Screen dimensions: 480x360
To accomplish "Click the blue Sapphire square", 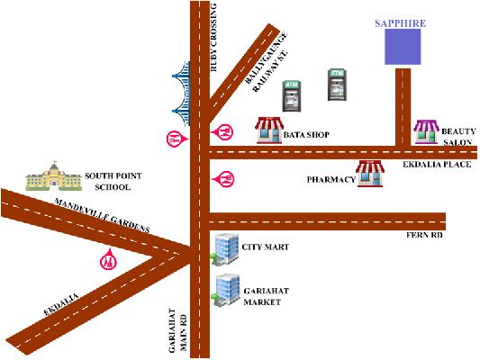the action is [403, 47].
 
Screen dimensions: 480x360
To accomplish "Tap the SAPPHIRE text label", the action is [401, 23].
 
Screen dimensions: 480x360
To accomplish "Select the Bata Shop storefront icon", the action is [269, 130].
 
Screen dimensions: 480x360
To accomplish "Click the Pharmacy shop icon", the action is [370, 174].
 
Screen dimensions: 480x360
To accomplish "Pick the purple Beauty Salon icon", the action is [426, 131].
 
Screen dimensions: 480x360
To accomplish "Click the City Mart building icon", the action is [224, 249].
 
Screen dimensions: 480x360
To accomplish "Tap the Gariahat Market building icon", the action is [225, 290].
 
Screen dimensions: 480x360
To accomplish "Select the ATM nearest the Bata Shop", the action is [291, 96].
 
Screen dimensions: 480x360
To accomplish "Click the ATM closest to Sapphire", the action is [337, 85].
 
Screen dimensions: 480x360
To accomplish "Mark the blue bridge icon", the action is [181, 94].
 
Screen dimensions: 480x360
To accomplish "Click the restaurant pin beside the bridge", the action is [177, 139].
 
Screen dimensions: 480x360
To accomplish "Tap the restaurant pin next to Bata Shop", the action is [222, 132].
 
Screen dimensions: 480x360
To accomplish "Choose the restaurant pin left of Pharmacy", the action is [223, 179].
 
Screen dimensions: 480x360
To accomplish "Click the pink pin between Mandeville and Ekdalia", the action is [108, 259].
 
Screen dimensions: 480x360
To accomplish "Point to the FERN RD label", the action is [424, 235].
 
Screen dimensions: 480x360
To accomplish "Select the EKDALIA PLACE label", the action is [437, 165].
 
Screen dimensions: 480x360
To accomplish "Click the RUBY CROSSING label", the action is [213, 37].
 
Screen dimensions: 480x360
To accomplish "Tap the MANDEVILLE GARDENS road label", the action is [102, 215].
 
